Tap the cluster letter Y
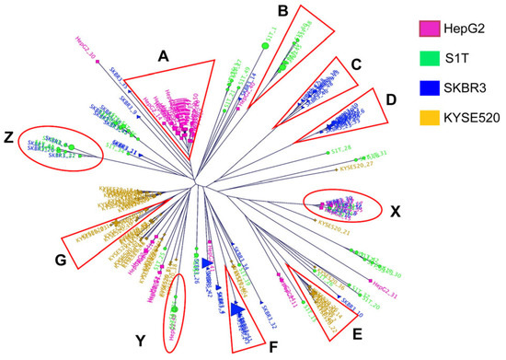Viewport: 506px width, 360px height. pos(142,340)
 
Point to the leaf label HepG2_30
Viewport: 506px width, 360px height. pos(83,39)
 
